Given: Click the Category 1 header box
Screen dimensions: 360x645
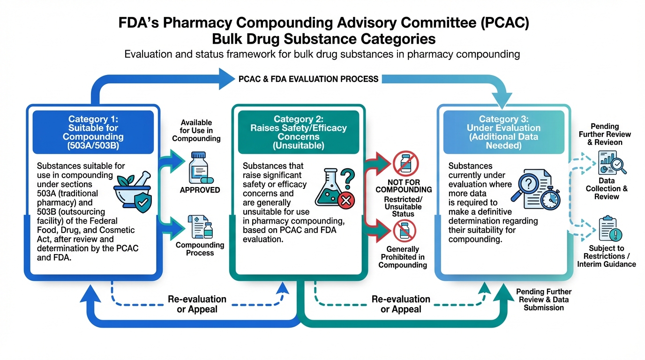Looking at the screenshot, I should pos(93,132).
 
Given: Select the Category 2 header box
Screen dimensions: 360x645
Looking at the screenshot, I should pos(299,132).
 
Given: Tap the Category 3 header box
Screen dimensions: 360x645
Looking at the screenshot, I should pos(503,132).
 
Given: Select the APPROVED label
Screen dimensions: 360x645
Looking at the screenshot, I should pos(200,190).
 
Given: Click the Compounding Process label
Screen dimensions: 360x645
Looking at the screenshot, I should pos(200,249).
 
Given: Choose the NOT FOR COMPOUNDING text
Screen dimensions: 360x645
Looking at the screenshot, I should pos(404,186).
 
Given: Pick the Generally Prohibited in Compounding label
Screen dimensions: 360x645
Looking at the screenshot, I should pos(403,257).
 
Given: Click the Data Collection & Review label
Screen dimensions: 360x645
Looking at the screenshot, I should pos(607,188).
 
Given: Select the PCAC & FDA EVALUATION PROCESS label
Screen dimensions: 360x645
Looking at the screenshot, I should pos(308,79).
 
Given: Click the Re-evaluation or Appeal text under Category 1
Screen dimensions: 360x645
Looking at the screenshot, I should pos(197,304).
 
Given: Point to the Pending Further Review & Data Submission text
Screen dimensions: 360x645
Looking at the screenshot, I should pos(544,300).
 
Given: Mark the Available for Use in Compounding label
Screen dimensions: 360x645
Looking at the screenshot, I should pos(196,131).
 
